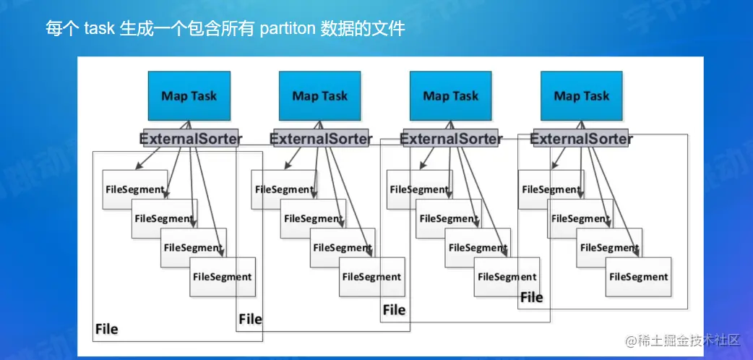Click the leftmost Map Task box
click(x=189, y=95)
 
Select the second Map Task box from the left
click(x=320, y=95)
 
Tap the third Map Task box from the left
click(x=450, y=95)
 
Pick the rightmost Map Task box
click(x=582, y=95)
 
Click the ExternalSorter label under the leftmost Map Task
click(x=191, y=139)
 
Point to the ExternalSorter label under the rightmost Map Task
click(x=582, y=139)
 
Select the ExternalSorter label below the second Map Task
click(x=321, y=139)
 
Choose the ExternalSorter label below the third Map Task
click(x=451, y=139)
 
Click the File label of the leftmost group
click(x=107, y=329)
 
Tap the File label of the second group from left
click(x=251, y=319)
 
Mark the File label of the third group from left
click(x=395, y=310)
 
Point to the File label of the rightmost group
click(x=532, y=298)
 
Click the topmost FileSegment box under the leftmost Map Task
click(x=135, y=189)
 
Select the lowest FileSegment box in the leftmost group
click(x=223, y=277)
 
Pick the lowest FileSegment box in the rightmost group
click(x=638, y=277)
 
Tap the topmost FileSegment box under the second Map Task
click(x=284, y=189)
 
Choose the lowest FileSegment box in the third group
click(x=507, y=277)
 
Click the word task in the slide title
click(x=100, y=29)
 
